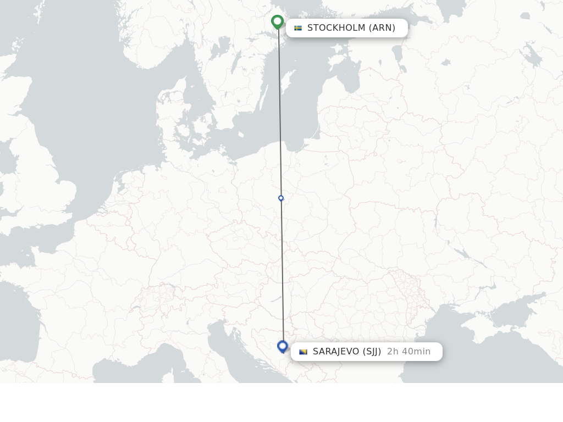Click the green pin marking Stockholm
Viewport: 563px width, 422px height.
pos(278,22)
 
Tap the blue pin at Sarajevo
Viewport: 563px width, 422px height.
pos(283,346)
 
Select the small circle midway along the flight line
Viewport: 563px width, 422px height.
pos(281,198)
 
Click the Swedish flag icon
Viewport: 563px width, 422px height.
pos(298,28)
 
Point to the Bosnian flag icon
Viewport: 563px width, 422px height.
pos(303,352)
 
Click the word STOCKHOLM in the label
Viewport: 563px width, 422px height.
pos(335,28)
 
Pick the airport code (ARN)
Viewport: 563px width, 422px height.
pos(382,28)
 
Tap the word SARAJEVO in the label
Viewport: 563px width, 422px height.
pos(336,352)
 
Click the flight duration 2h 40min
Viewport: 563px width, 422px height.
pos(409,352)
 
